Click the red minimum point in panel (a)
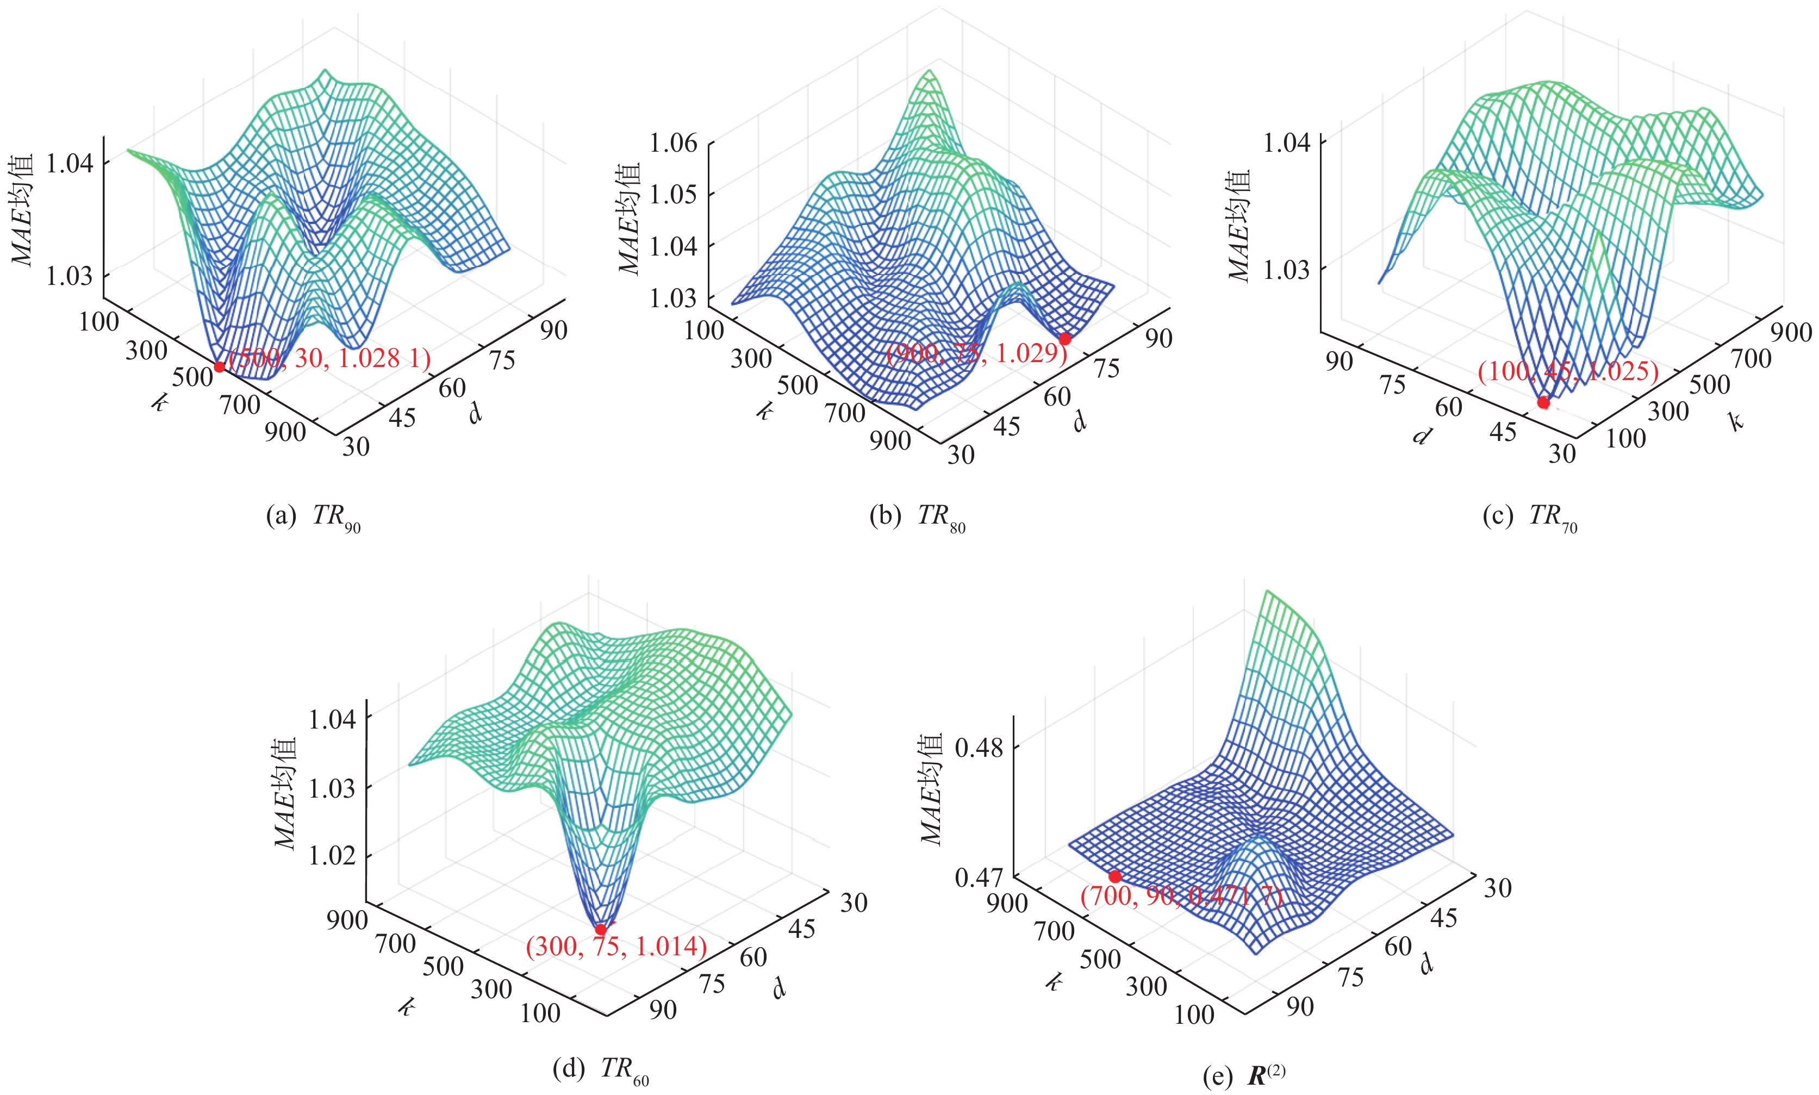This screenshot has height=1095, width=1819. click(219, 366)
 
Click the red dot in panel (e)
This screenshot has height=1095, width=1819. click(1114, 876)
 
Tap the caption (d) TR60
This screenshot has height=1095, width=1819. click(600, 1068)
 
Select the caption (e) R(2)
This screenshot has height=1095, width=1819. click(1244, 1077)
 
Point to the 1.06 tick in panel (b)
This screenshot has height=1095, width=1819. click(672, 142)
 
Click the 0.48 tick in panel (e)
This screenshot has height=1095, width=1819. click(979, 748)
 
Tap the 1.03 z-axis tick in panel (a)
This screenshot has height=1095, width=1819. click(70, 276)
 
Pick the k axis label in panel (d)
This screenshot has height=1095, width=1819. click(406, 1007)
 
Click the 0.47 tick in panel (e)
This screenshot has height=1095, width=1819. click(979, 878)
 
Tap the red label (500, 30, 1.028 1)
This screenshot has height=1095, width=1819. click(329, 359)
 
